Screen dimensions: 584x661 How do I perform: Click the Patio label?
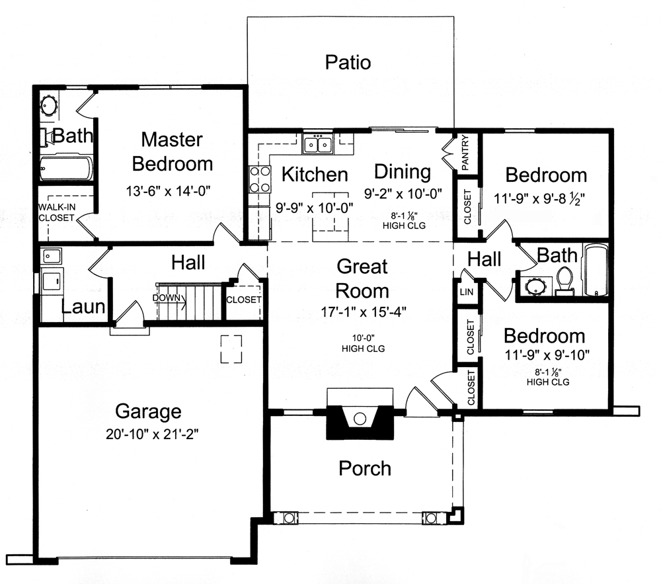coord(348,63)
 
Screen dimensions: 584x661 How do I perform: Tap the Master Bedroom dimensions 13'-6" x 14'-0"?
coord(172,192)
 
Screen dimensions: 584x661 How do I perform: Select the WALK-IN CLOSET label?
coord(57,212)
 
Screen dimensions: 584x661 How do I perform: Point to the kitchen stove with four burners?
coord(259,179)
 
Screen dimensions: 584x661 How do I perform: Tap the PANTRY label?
coord(465,153)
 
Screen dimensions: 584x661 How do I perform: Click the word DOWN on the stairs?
coord(165,298)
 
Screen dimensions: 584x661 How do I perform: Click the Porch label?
coord(365,469)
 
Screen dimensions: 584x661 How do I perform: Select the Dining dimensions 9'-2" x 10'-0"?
coord(403,194)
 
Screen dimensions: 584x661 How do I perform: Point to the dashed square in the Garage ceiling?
coord(231,349)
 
